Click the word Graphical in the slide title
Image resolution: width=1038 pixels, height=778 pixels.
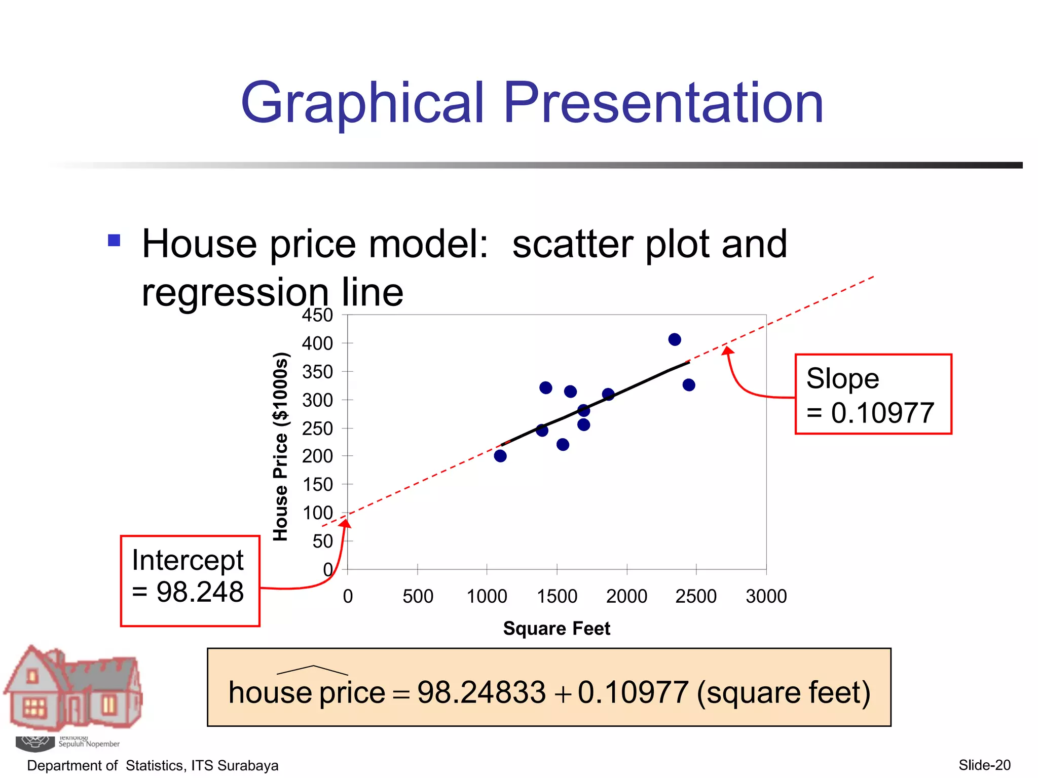coord(362,104)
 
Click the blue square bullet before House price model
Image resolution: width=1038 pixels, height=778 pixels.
coord(115,240)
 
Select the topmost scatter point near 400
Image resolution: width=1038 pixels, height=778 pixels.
coord(675,339)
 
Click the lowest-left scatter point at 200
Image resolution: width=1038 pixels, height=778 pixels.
coord(500,456)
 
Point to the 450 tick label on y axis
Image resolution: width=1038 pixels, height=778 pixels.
coord(317,315)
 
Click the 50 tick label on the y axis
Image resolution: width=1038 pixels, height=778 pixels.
coord(322,541)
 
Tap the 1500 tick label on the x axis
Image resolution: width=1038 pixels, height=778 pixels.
coord(557,596)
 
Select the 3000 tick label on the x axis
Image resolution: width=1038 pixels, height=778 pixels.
coord(766,596)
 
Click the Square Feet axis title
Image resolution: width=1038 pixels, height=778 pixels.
coord(557,628)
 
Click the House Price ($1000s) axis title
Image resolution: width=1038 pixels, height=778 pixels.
coord(280,447)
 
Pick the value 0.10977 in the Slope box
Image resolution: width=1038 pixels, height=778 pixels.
coord(882,413)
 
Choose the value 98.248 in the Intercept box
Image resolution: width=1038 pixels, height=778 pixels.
coord(200,592)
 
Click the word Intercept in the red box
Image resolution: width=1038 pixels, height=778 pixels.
coord(188,560)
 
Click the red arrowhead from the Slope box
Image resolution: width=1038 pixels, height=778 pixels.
coord(727,350)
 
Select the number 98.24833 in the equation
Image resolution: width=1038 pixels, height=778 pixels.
coord(481,692)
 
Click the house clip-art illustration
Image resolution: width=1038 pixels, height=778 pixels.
coord(73,689)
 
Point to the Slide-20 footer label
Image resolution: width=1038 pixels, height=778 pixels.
coord(984,765)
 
